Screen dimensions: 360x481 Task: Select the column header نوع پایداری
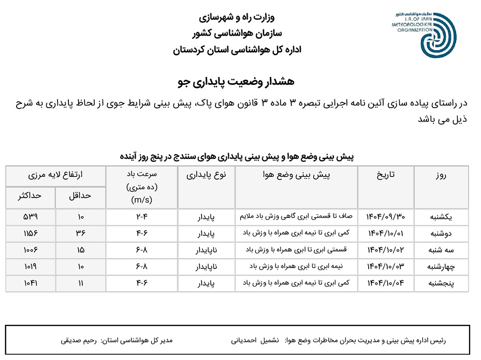(206, 175)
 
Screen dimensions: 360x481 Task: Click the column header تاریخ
(385, 175)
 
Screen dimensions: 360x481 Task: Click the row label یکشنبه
(440, 217)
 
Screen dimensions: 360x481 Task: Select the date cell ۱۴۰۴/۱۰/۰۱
(385, 233)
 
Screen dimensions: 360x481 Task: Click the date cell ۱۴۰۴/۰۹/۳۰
(385, 217)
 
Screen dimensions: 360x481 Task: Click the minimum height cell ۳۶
(80, 233)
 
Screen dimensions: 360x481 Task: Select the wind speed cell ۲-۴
(141, 217)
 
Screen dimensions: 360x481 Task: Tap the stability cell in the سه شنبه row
(206, 250)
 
